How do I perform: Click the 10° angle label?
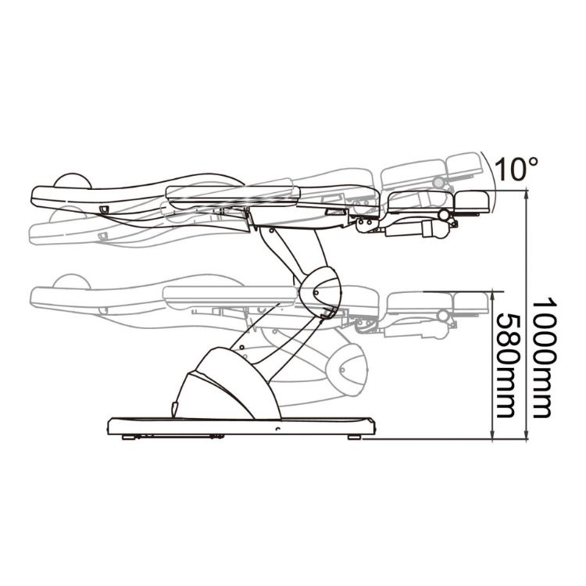[x=516, y=169]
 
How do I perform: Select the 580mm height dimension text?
[x=508, y=365]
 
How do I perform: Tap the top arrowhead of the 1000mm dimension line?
[x=527, y=195]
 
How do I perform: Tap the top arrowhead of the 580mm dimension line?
[x=493, y=296]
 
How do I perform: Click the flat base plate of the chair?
[x=241, y=427]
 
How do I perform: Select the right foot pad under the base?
[x=354, y=437]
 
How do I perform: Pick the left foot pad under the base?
[x=129, y=437]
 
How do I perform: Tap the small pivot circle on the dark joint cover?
[x=316, y=292]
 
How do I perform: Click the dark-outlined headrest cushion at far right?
[x=472, y=202]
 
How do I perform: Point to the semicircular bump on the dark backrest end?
[x=73, y=180]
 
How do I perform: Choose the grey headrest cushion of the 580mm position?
[x=471, y=302]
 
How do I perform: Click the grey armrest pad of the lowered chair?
[x=230, y=296]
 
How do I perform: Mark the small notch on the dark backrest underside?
[x=104, y=209]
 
